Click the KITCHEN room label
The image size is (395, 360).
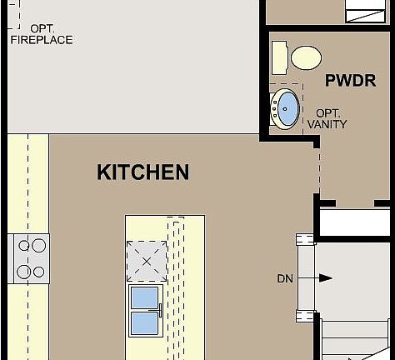[x=142, y=172]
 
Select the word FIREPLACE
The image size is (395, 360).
[x=41, y=39]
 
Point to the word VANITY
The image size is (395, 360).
[x=327, y=124]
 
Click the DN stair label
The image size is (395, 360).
[x=285, y=278]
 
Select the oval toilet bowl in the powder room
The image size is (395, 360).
[x=306, y=57]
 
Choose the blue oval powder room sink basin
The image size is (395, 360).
[x=287, y=108]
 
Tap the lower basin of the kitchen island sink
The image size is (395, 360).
[x=145, y=322]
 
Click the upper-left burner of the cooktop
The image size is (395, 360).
[x=23, y=245]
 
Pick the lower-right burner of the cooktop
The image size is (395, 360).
[x=37, y=272]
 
